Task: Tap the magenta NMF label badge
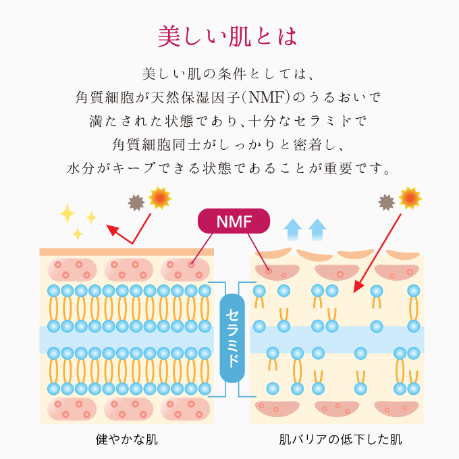click(x=234, y=221)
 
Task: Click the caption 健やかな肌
click(x=126, y=440)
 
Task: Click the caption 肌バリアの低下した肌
click(x=340, y=440)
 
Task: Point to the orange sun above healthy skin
click(x=160, y=198)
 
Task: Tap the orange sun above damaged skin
click(x=410, y=198)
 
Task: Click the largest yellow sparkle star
click(x=68, y=214)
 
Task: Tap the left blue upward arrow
click(x=293, y=230)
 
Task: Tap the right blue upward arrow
click(x=317, y=230)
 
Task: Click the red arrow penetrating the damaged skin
click(x=378, y=250)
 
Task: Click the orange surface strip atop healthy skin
click(x=126, y=252)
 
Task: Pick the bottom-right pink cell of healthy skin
click(x=186, y=408)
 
